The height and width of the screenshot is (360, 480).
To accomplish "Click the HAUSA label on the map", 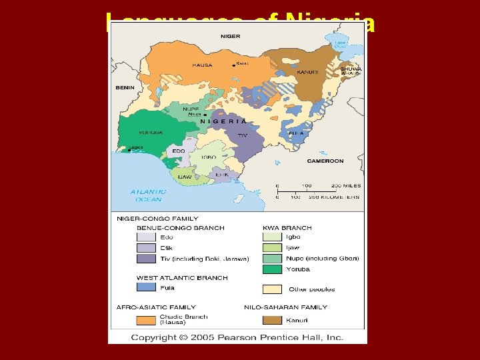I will coord(202,65).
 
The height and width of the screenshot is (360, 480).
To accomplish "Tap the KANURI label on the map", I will coord(307,72).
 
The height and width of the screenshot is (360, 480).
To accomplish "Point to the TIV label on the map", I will coord(243,135).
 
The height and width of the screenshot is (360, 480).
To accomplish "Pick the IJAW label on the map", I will coord(184,177).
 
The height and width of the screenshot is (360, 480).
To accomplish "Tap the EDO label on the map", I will coord(179,151).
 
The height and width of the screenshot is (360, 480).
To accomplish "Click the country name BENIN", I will coord(125,87).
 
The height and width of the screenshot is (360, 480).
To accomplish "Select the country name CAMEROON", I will coord(325,161).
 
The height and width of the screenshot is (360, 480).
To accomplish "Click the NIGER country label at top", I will coord(230,36).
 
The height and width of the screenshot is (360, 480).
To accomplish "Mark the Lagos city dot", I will coord(129,151).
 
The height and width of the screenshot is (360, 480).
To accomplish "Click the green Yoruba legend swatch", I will coord(272,269).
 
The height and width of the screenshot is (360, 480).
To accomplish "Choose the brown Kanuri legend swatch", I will coord(272,320).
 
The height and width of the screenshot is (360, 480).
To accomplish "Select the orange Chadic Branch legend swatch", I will coord(146,320).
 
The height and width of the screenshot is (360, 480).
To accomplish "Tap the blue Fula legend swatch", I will coord(146,287).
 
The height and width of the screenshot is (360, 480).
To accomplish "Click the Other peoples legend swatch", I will coord(272,289).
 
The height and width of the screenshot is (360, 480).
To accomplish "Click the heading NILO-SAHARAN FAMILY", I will coord(286,307).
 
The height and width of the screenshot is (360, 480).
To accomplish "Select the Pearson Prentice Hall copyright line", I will coord(237,337).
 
